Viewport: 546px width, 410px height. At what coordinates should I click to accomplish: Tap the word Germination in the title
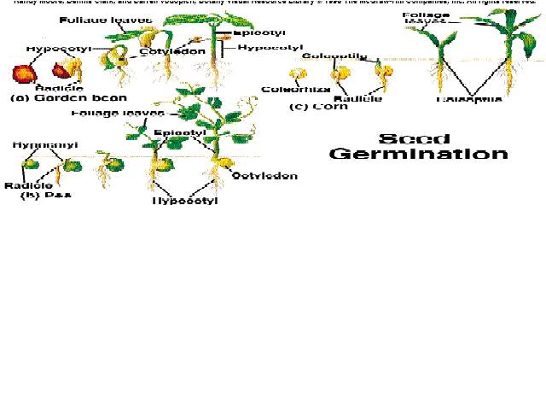pyautogui.click(x=418, y=154)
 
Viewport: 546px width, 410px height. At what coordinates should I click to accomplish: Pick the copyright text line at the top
pyautogui.click(x=273, y=3)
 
